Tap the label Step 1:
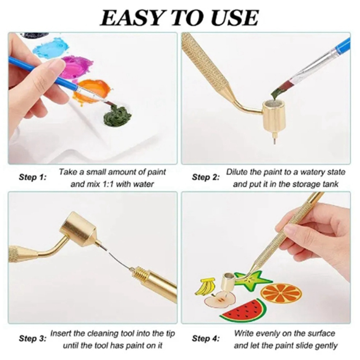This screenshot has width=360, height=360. click(32, 177)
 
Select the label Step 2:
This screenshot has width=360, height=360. click(206, 177)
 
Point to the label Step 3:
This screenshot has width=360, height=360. click(32, 339)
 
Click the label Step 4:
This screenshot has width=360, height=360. click(206, 339)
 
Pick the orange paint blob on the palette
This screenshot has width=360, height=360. click(93, 91)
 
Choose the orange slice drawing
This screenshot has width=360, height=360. click(281, 292)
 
